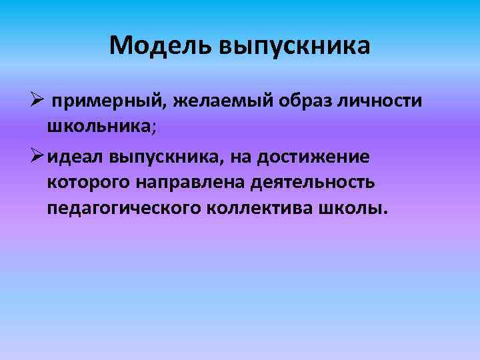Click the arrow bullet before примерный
[x=38, y=101]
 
